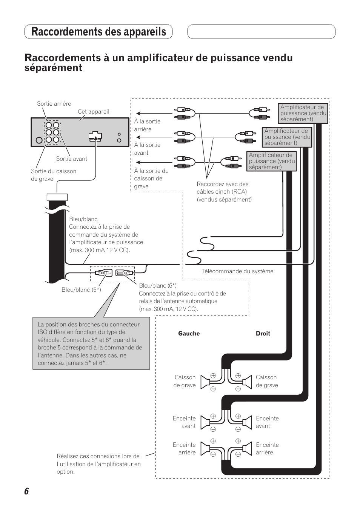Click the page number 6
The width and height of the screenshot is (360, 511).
coord(26,491)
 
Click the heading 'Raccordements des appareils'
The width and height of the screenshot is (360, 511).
coord(98,32)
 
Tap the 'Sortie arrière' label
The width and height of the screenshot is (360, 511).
coord(54,104)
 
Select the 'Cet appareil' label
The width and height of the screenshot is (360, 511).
coord(93,112)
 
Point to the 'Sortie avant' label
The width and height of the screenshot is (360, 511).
coord(71,159)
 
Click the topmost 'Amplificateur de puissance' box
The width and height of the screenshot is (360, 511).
coord(303,113)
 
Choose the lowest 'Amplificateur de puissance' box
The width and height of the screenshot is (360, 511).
coord(272,161)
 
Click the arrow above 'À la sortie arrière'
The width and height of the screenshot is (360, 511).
coord(154,113)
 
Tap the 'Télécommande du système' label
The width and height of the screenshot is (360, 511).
coord(237,271)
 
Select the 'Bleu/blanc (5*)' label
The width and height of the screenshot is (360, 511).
coord(81,290)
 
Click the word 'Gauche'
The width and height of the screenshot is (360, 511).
coord(189,334)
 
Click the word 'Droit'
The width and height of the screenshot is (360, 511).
coord(263,334)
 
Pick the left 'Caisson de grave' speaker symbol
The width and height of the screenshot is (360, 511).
coord(205,382)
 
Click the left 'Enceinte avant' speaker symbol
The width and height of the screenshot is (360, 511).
coord(205,422)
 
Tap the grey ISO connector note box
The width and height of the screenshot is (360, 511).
coord(91,343)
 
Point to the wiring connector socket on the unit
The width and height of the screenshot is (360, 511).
coord(95,136)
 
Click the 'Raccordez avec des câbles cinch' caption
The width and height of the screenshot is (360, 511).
coord(224,192)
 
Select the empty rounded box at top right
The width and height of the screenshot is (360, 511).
coord(261,32)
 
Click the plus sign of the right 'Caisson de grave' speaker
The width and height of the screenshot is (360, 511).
coord(238,376)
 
